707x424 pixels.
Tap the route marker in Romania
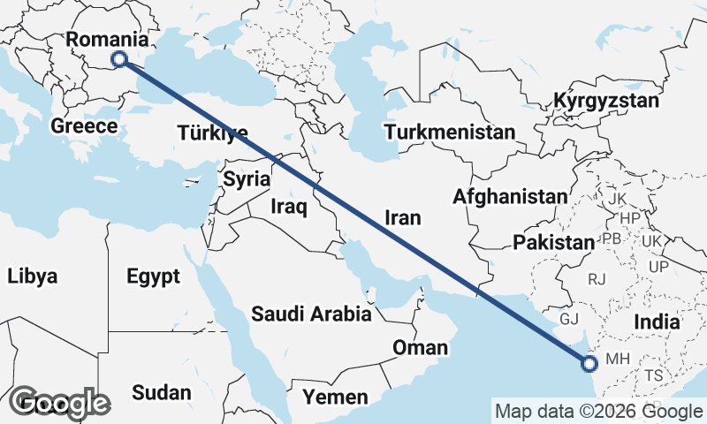pos(120,59)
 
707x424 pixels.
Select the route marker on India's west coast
pos(589,362)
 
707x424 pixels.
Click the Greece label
pos(84,126)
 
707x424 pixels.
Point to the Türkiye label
pos(212,133)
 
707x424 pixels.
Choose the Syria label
pos(246,179)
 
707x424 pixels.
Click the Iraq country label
pos(288,208)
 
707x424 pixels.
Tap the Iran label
pos(402,218)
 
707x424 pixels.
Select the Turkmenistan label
pos(449,132)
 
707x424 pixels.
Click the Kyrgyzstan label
pos(606,101)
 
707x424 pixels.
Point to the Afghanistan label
pos(509,197)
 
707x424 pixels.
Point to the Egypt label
pos(153,276)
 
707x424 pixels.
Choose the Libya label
pos(33,276)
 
